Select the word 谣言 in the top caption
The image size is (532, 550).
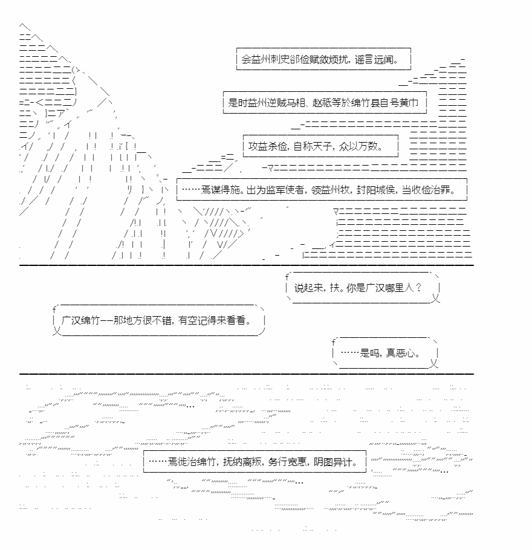point(364,59)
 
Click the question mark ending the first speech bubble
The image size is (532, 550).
point(418,288)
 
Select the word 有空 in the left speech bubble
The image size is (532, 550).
point(187,320)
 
